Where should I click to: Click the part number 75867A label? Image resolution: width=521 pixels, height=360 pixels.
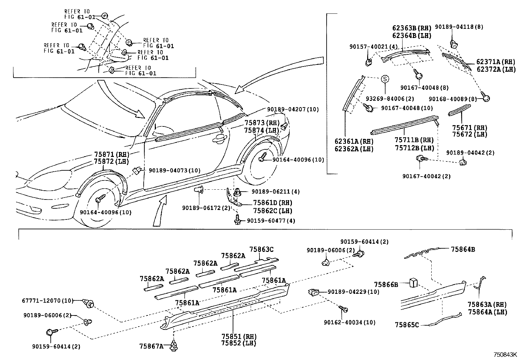coord(151,346)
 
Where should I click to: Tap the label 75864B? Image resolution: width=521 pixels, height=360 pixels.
coord(463,249)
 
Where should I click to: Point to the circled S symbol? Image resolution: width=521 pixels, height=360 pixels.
coord(385,79)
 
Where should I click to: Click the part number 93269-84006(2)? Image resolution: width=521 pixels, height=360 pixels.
coord(386,99)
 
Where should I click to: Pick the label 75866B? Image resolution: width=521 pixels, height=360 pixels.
coord(386,285)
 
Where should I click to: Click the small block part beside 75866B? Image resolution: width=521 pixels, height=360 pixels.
coord(413,282)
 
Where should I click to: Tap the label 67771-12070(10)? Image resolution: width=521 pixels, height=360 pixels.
coord(48,300)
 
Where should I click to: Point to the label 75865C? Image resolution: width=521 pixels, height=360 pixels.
coord(407,325)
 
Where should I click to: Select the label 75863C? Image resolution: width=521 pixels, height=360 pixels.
coord(261,249)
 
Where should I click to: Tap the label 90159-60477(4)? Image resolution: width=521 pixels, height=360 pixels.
coord(271,221)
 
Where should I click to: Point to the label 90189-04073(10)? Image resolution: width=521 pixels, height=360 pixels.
coord(174,170)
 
